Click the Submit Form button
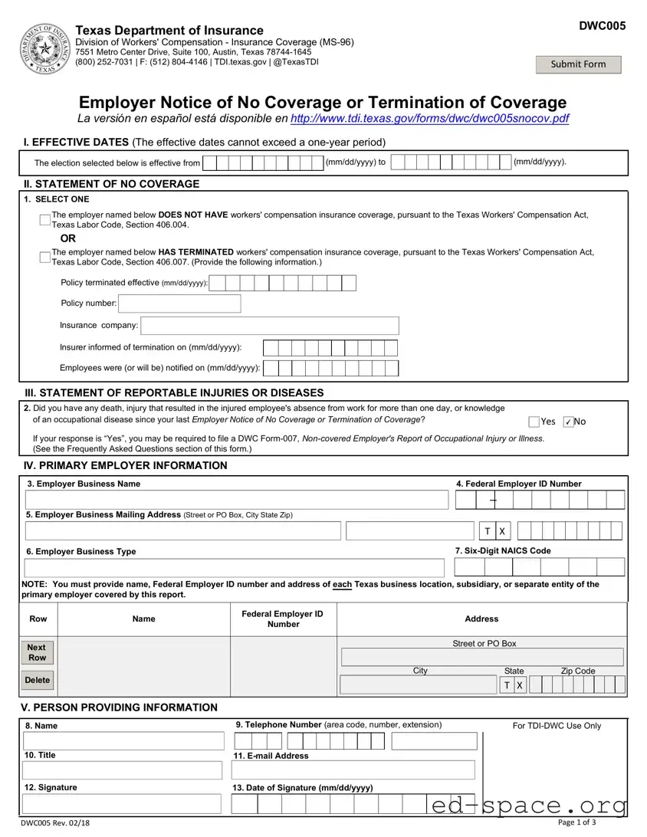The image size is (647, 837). point(578,64)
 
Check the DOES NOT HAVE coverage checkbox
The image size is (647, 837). point(45,221)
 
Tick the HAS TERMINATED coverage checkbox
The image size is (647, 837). point(45,258)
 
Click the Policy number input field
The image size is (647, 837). point(179,304)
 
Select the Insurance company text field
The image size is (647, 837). point(270,326)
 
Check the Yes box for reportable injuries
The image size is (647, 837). point(534,422)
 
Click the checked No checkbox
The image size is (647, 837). point(568,422)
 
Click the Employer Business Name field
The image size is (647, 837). point(236,500)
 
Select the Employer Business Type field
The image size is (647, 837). point(235,568)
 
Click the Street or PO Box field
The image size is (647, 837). point(481,657)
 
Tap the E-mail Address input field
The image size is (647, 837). point(353,770)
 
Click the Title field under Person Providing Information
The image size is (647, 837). point(123,770)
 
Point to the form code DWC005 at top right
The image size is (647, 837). point(602,26)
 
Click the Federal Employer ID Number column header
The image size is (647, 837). point(283,619)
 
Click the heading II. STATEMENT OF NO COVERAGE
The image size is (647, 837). point(112,184)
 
